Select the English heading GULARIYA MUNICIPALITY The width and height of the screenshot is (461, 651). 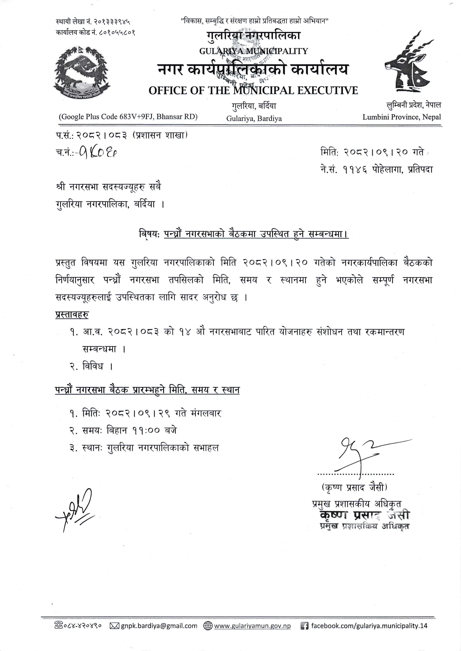click(x=253, y=51)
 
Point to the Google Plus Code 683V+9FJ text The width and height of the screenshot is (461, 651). click(x=128, y=116)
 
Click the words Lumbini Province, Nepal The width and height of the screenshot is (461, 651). click(x=401, y=117)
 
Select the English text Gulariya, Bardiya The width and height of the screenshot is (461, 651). click(x=254, y=118)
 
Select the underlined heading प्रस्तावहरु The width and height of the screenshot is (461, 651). click(x=72, y=315)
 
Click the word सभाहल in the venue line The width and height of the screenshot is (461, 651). click(x=206, y=448)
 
